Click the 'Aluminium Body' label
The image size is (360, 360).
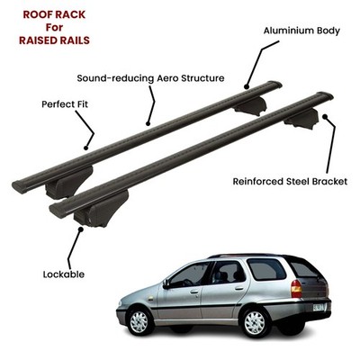pyautogui.click(x=301, y=31)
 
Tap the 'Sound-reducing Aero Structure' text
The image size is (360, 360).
pyautogui.click(x=150, y=78)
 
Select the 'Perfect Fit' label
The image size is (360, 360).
pyautogui.click(x=65, y=104)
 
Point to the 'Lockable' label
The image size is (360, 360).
pyautogui.click(x=64, y=274)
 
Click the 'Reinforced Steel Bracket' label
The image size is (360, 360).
pyautogui.click(x=290, y=182)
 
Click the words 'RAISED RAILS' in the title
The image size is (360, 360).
pyautogui.click(x=54, y=40)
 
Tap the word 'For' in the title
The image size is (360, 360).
pyautogui.click(x=54, y=27)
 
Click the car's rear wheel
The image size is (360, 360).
pyautogui.click(x=255, y=323)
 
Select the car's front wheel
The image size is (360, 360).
pyautogui.click(x=139, y=320)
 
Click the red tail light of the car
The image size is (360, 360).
pyautogui.click(x=296, y=288)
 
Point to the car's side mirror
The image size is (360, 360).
pyautogui.click(x=166, y=283)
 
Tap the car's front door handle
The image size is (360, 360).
pyautogui.click(x=194, y=292)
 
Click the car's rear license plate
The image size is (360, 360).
pyautogui.click(x=318, y=307)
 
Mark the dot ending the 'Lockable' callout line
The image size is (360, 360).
pyautogui.click(x=80, y=229)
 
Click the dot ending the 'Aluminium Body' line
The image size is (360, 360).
pyautogui.click(x=247, y=87)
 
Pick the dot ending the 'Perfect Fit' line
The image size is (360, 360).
pyautogui.click(x=86, y=148)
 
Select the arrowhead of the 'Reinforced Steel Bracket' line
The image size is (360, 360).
pyautogui.click(x=325, y=117)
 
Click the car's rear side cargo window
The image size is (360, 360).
pyautogui.click(x=266, y=269)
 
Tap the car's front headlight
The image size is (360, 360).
pyautogui.click(x=120, y=303)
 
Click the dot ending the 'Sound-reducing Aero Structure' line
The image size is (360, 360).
pyautogui.click(x=148, y=123)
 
